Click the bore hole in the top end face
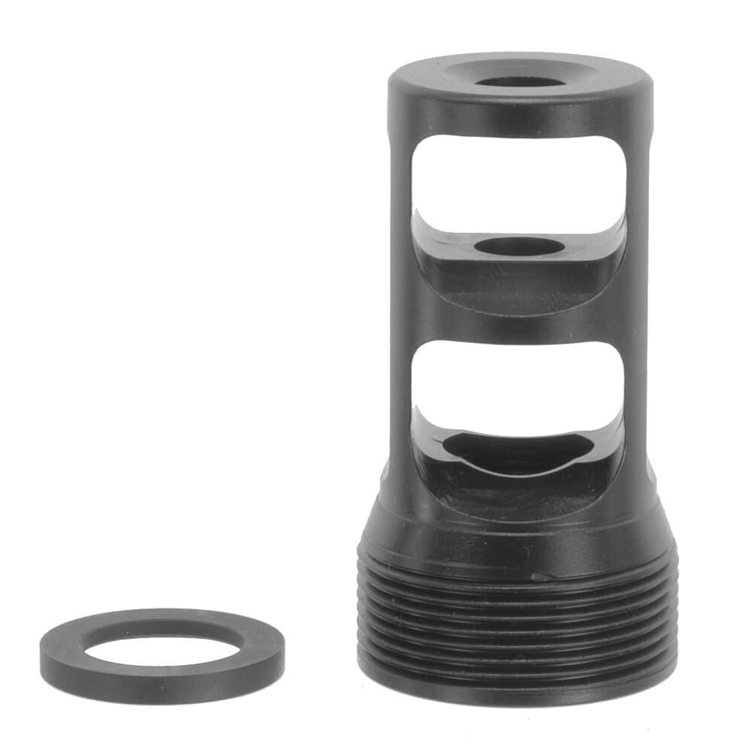[520, 81]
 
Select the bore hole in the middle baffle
[520, 246]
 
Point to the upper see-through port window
[519, 180]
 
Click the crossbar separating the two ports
[519, 323]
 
